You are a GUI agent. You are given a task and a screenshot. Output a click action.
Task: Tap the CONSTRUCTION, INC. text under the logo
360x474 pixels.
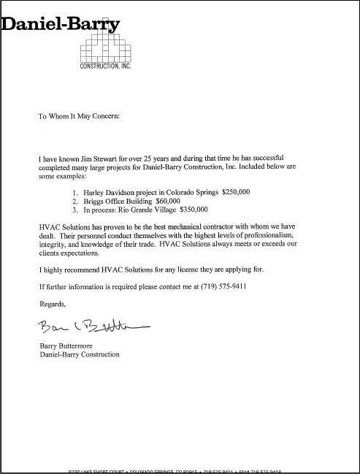coord(104,66)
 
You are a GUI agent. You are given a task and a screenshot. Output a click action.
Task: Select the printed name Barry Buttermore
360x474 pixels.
coord(71,345)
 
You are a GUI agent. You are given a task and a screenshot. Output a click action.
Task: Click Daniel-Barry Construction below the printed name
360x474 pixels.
coord(79,355)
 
